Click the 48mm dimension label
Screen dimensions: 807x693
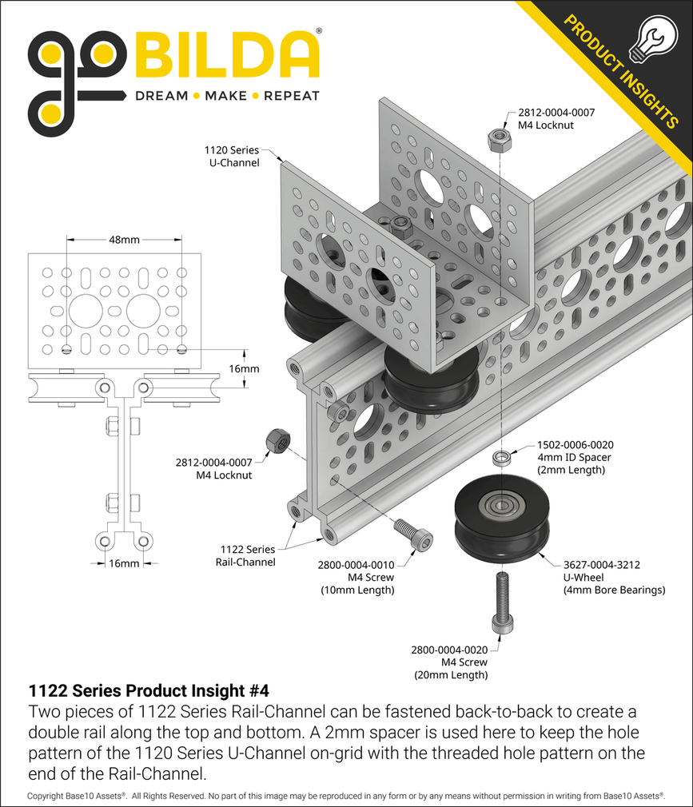click(124, 240)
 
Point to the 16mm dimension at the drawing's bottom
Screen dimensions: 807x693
click(124, 563)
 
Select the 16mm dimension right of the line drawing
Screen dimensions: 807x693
click(243, 369)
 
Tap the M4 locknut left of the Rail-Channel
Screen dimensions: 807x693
click(276, 440)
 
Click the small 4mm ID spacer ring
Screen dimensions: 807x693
click(503, 459)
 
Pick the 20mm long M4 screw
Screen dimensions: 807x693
click(501, 602)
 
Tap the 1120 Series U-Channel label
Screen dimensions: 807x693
click(232, 156)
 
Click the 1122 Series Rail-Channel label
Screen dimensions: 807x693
click(248, 555)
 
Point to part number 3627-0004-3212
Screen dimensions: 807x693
click(603, 564)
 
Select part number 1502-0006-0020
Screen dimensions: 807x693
click(575, 444)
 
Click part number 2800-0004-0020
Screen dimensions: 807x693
click(450, 650)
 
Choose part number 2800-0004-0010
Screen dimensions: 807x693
click(356, 565)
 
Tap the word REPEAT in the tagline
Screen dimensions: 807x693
click(292, 96)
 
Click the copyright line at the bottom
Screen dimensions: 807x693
click(346, 797)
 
